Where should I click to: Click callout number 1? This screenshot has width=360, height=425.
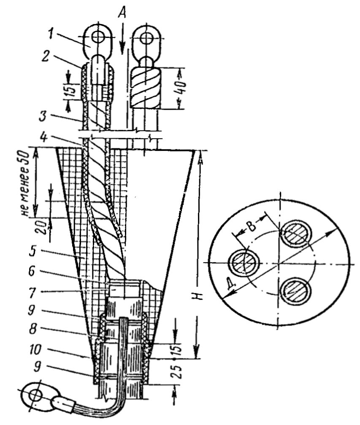click(51, 34)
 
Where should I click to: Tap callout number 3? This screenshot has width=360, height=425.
click(43, 116)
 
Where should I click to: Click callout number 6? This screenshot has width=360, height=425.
click(32, 272)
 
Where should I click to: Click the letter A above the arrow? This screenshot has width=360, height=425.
click(122, 13)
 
